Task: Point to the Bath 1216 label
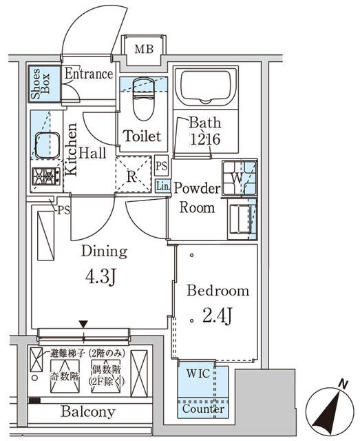click(x=205, y=130)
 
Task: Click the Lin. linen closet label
click(x=162, y=186)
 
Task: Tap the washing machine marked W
click(x=238, y=176)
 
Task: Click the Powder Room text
click(x=196, y=198)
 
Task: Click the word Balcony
click(x=88, y=412)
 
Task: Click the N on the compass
click(x=342, y=387)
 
